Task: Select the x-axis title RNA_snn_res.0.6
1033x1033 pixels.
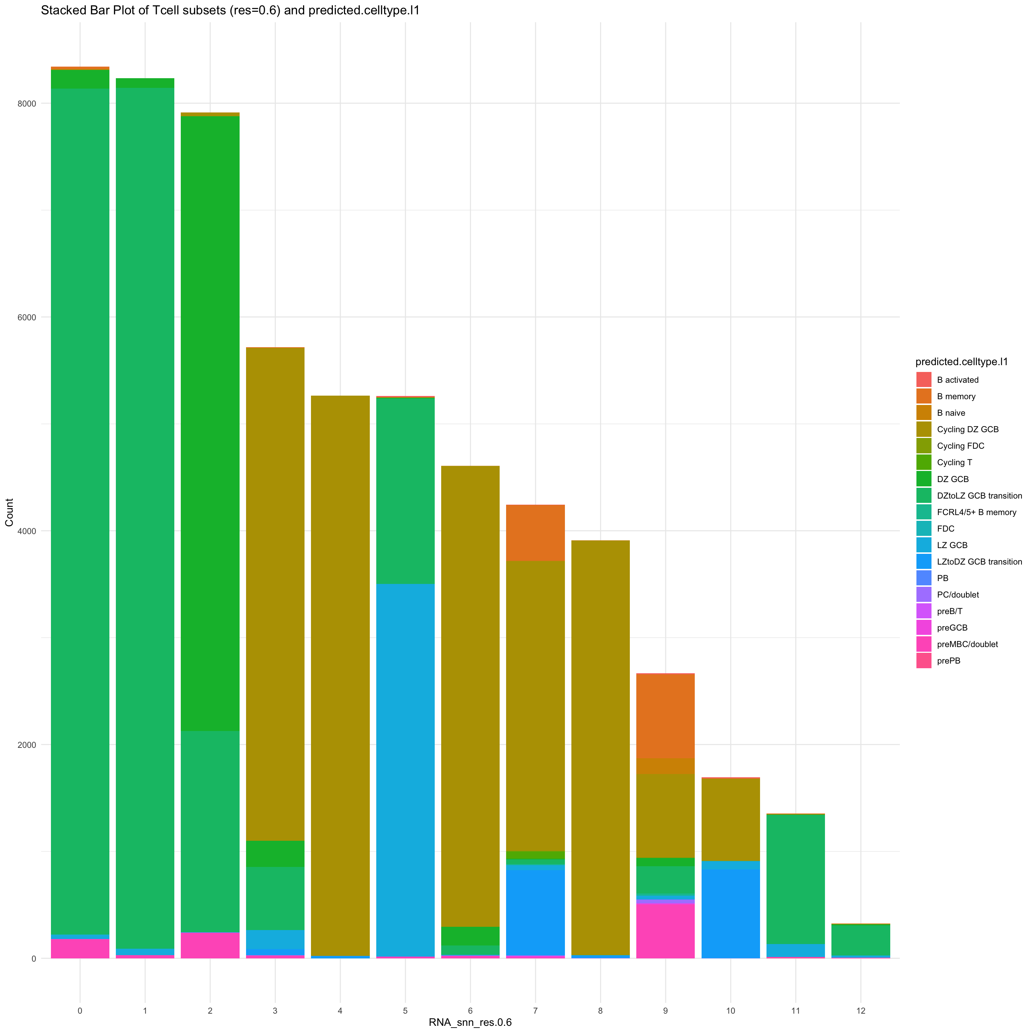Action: point(470,1022)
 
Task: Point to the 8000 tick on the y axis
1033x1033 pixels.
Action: point(28,104)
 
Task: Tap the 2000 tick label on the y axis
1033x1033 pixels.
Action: point(28,745)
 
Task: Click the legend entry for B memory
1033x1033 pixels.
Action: point(956,396)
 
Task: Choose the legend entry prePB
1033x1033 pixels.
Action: point(948,660)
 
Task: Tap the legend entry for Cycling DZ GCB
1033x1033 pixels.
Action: point(967,429)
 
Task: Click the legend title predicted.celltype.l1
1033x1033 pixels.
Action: point(961,362)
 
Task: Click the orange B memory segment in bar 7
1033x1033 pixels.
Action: point(535,533)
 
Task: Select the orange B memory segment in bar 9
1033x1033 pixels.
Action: point(665,716)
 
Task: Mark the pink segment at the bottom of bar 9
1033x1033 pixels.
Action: point(665,931)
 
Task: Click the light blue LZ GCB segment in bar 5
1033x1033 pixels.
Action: point(405,770)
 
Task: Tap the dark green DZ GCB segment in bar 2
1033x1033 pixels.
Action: point(210,423)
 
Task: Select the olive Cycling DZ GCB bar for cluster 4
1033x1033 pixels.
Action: point(340,674)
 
